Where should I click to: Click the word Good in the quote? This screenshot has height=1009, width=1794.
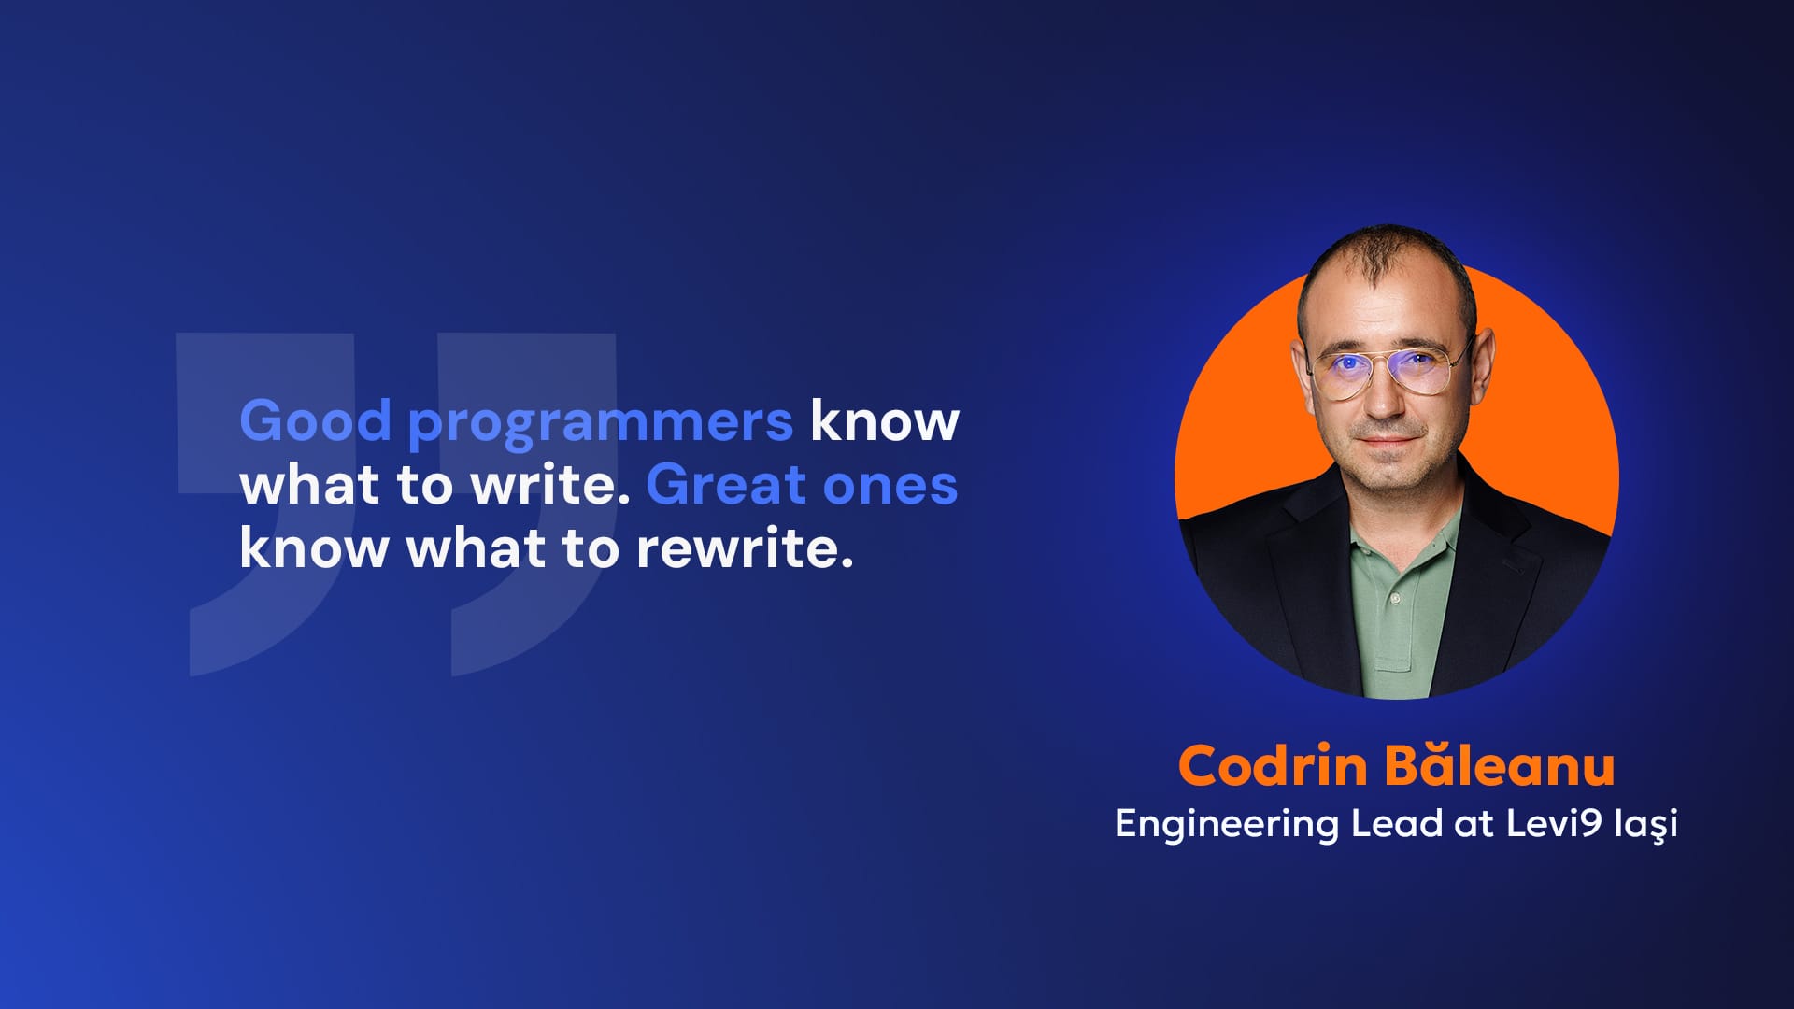tap(315, 420)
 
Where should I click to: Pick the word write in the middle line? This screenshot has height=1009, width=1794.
tap(549, 485)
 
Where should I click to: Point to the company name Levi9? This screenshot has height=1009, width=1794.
tap(1554, 823)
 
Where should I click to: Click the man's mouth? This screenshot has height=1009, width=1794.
tap(1387, 442)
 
